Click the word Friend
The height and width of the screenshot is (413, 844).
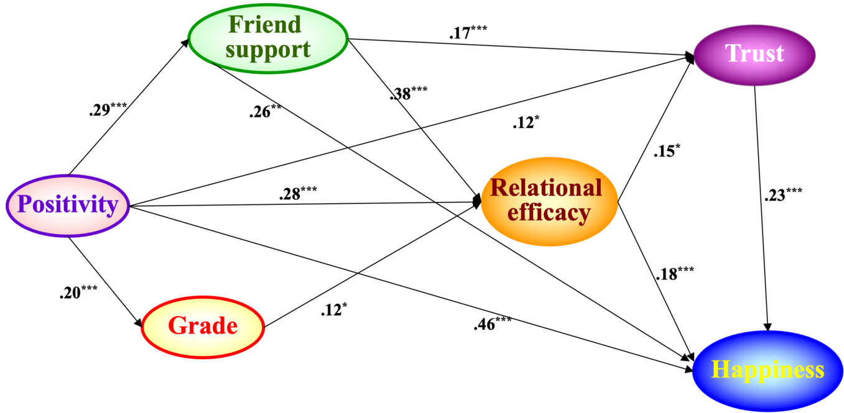click(264, 25)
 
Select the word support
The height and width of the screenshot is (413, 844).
click(268, 50)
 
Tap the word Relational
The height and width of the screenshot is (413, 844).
click(546, 188)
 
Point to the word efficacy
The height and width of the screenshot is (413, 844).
click(549, 213)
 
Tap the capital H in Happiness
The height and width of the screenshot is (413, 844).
click(720, 370)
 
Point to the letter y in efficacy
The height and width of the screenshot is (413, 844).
click(583, 216)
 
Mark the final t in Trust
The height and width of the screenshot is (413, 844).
click(779, 54)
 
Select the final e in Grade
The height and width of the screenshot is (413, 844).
click(231, 327)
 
